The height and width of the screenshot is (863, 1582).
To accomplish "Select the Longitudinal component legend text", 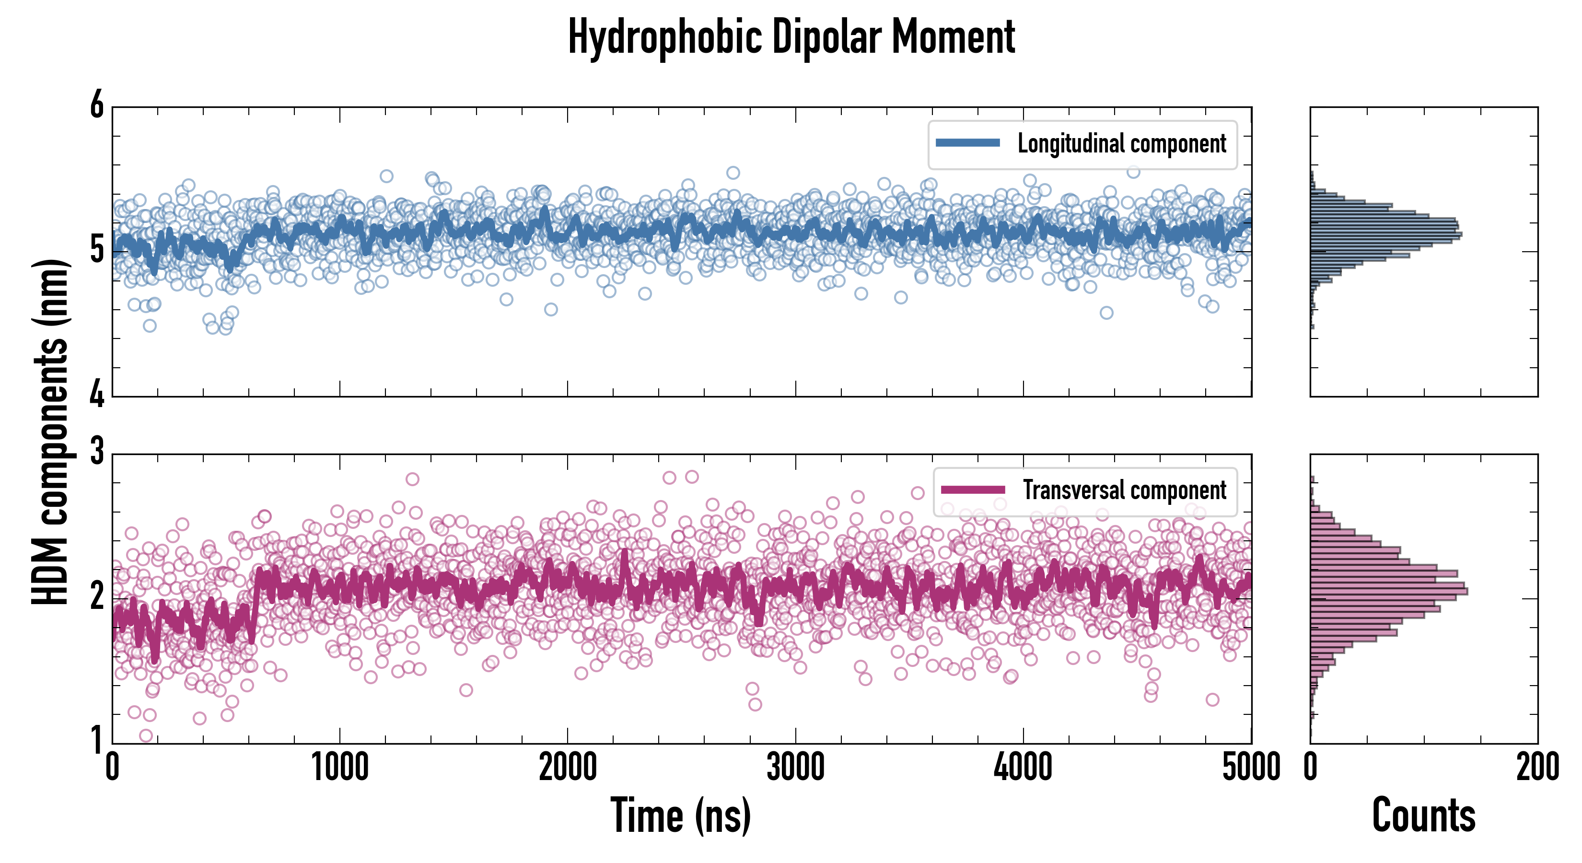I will click(x=1121, y=144).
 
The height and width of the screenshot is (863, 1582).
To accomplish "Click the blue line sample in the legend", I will click(x=968, y=143).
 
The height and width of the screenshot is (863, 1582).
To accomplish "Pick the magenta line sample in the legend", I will click(x=973, y=490).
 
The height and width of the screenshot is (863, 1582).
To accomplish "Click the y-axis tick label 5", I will click(x=97, y=249).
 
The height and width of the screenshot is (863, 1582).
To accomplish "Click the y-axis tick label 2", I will click(x=97, y=596).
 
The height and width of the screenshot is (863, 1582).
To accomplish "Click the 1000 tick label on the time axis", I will click(x=339, y=768).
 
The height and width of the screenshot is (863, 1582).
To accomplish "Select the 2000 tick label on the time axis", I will click(x=568, y=768).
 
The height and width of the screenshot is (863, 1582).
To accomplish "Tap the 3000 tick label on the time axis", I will click(x=795, y=768).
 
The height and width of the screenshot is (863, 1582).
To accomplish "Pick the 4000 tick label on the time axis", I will click(x=1023, y=768).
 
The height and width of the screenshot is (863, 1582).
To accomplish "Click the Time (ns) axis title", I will click(x=680, y=816).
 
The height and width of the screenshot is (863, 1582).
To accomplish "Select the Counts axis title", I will click(x=1423, y=816).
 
